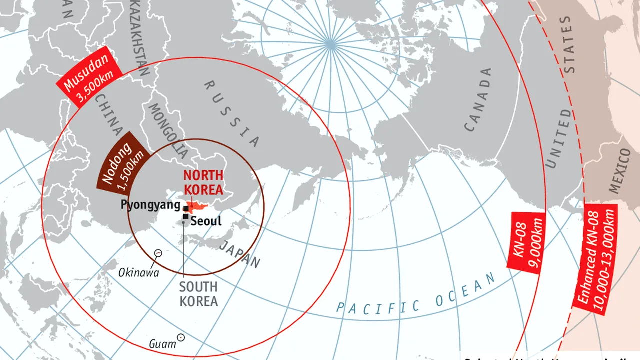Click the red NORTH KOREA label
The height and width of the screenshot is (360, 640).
pos(203,182)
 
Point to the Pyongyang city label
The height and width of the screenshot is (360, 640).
pos(150,205)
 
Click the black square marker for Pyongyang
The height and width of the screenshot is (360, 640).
pos(186,208)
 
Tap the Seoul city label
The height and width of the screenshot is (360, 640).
pos(206,220)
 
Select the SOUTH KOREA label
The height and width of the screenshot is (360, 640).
pos(198,294)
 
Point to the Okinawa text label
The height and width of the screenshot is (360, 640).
pos(138,273)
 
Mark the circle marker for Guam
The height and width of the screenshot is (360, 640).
pos(181,338)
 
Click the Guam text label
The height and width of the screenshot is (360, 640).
pos(162,344)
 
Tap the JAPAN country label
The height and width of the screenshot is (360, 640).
pos(240,254)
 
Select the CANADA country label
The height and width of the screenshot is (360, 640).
pos(478,100)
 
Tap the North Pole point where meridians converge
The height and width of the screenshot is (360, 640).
pos(329,44)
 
